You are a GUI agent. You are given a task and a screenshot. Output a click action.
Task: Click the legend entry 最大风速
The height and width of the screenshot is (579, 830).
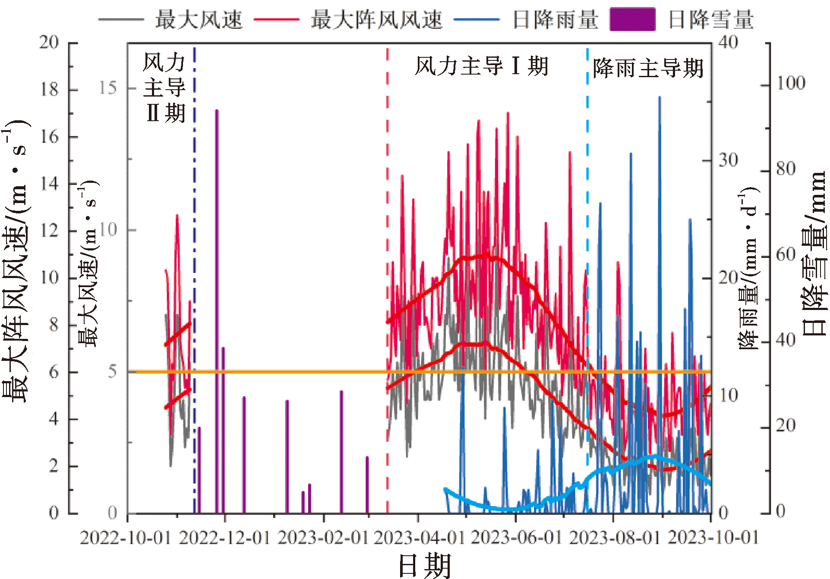point(199,20)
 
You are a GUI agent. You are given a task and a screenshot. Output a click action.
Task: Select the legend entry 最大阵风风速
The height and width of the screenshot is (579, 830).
point(376,20)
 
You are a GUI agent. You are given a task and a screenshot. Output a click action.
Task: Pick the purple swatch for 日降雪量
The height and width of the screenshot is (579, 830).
point(632,19)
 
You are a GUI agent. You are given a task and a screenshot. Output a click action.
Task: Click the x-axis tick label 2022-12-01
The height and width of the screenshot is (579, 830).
point(224,538)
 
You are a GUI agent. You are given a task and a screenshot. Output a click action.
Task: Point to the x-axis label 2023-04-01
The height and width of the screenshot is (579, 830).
point(419,538)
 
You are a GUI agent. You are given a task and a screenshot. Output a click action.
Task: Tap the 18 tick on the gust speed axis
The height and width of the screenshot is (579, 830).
point(49,90)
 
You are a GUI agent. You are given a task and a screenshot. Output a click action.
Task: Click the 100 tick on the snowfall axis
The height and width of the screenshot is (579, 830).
point(791,83)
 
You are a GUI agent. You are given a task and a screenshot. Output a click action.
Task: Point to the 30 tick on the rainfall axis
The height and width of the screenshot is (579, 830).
point(728,160)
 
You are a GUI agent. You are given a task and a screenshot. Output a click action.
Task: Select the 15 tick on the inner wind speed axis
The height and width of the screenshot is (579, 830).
point(108,88)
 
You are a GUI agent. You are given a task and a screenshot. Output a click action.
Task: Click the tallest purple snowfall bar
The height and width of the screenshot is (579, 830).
point(217,311)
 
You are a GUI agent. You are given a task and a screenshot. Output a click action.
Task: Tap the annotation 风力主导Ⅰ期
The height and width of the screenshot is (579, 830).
point(481,66)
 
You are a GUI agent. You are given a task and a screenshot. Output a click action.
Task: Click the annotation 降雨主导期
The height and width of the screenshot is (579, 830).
point(648,68)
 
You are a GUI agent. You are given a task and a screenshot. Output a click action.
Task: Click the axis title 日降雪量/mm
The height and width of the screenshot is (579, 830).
point(814,254)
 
